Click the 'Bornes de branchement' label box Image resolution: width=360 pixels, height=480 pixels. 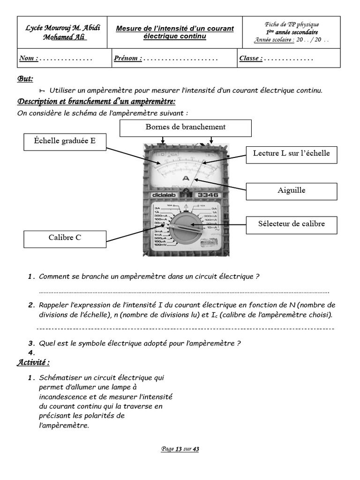click(185, 127)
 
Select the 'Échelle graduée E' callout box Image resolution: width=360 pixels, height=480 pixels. click(65, 142)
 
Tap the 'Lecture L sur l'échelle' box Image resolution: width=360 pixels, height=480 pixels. click(291, 154)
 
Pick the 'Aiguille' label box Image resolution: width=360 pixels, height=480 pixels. click(291, 190)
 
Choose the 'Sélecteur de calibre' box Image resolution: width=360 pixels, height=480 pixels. click(291, 224)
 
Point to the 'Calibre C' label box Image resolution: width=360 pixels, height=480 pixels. click(65, 238)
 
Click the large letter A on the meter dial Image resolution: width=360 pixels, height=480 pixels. click(186, 179)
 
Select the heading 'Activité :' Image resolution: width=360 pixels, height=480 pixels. click(33, 362)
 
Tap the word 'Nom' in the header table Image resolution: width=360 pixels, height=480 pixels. click(27, 59)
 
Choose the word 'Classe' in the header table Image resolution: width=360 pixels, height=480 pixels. click(250, 59)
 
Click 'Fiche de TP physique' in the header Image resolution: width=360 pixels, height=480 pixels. click(292, 24)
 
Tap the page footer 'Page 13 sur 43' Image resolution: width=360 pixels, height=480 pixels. click(180, 449)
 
